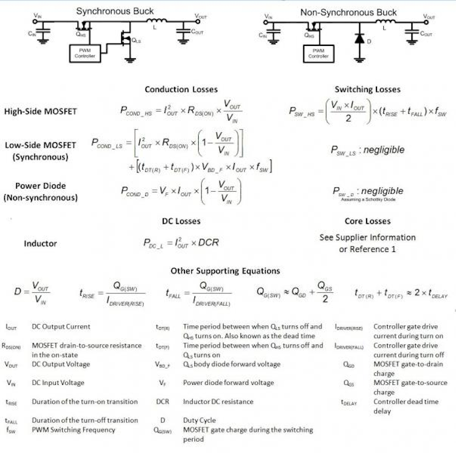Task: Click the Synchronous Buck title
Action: (114, 11)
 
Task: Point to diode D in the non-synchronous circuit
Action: (359, 38)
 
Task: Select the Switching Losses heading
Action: (367, 89)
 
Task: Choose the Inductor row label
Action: (40, 244)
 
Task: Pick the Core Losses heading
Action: (367, 221)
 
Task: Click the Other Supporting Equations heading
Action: (225, 271)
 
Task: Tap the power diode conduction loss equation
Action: (181, 191)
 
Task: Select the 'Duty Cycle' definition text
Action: (200, 420)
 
